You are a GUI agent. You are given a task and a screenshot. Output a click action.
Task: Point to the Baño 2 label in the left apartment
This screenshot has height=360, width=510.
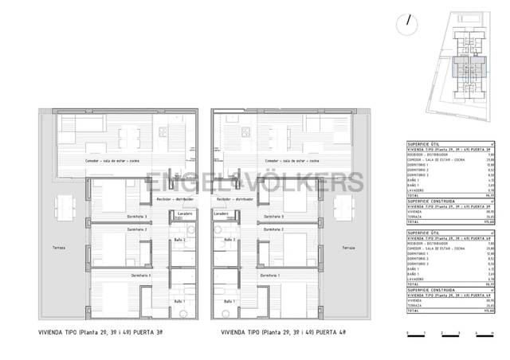pyautogui.click(x=180, y=240)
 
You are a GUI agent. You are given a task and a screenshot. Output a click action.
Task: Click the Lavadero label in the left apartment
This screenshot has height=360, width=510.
pyautogui.click(x=184, y=213)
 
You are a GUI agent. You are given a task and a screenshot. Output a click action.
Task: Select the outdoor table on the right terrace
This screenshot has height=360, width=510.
pyautogui.click(x=344, y=209)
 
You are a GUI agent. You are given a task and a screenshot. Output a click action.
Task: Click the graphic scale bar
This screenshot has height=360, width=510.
pyautogui.click(x=446, y=330)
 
